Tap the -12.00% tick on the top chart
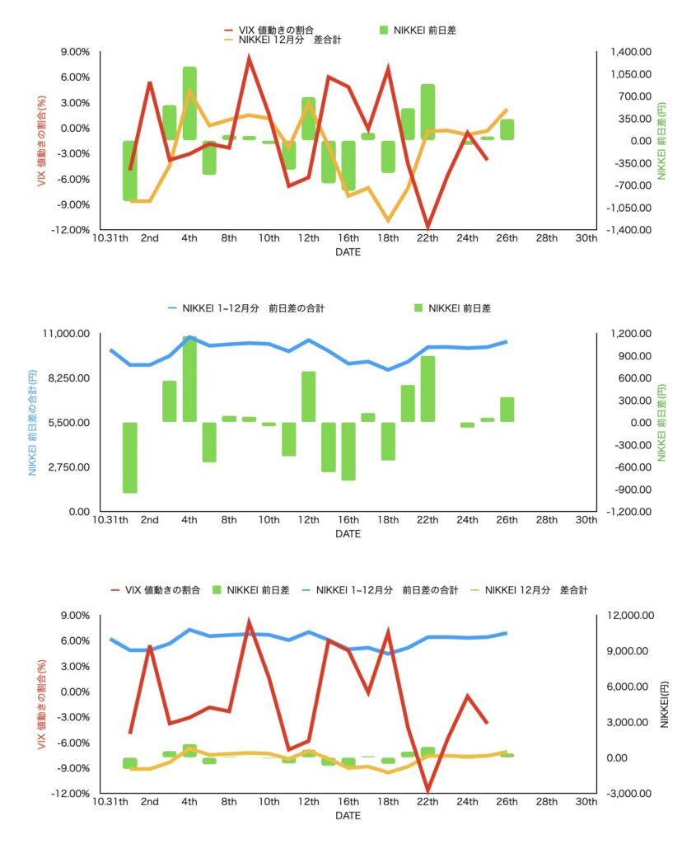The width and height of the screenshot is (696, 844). click(71, 230)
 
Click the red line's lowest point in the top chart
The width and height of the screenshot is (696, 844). click(428, 226)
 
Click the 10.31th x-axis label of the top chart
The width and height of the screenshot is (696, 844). click(110, 239)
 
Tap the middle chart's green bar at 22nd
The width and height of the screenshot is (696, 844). click(427, 389)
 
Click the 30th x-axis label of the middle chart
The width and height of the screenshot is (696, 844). click(586, 521)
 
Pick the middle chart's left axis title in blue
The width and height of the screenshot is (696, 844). click(33, 422)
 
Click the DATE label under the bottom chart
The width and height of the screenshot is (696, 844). click(348, 815)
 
